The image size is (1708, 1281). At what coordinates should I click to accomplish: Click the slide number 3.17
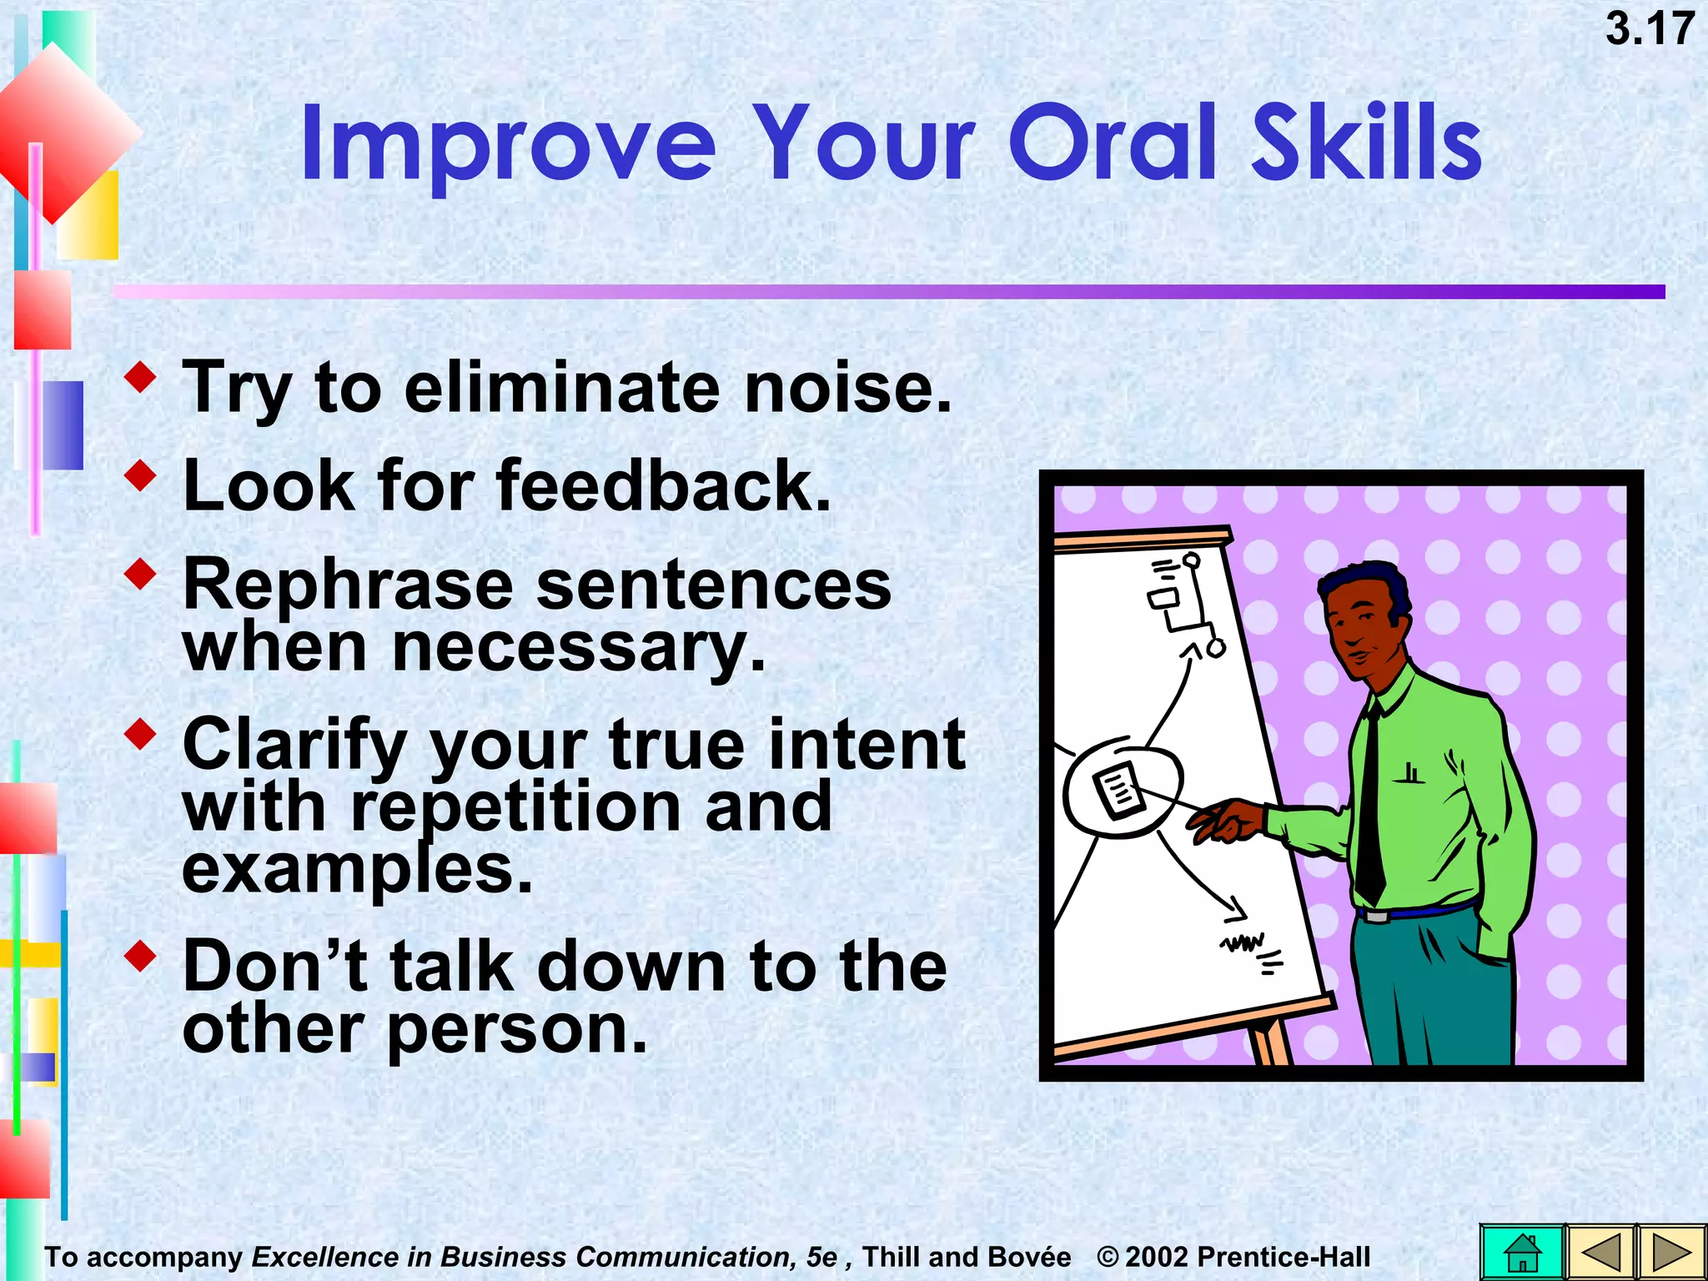(1649, 30)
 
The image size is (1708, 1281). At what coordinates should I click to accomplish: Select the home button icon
(1522, 1252)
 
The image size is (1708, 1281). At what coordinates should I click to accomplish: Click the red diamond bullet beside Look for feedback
(140, 475)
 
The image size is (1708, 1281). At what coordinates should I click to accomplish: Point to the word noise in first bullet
(846, 389)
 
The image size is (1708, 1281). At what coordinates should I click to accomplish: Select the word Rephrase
(348, 586)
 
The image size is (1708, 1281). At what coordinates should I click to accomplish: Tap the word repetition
(517, 807)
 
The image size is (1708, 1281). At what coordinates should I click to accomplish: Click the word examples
(357, 870)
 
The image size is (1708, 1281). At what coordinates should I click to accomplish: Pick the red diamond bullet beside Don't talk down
(140, 956)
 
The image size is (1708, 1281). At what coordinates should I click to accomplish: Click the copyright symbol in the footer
(1108, 1257)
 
